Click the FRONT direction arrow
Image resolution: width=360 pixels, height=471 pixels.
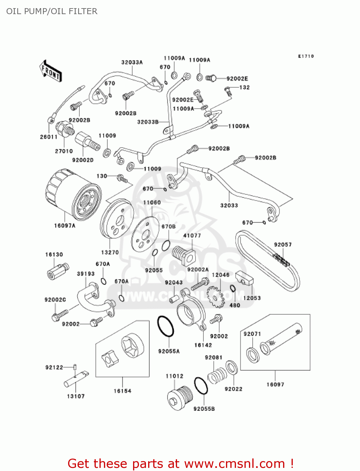point(50,72)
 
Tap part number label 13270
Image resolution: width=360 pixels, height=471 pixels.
point(110,252)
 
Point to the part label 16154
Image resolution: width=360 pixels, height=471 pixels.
point(122,391)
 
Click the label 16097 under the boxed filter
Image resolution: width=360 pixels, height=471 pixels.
point(275,384)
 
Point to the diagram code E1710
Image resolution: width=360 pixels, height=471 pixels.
point(306,56)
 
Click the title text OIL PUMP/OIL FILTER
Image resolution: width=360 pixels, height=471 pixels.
point(52,11)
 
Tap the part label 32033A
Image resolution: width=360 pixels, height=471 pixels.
point(132,62)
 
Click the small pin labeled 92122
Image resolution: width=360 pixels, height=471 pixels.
point(75,366)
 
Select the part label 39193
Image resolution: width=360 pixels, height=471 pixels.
point(86,274)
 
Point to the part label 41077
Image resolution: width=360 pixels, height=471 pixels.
point(192,235)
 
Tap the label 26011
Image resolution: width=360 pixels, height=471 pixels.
point(49,137)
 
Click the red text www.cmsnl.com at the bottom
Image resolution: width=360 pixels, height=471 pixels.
point(234,463)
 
